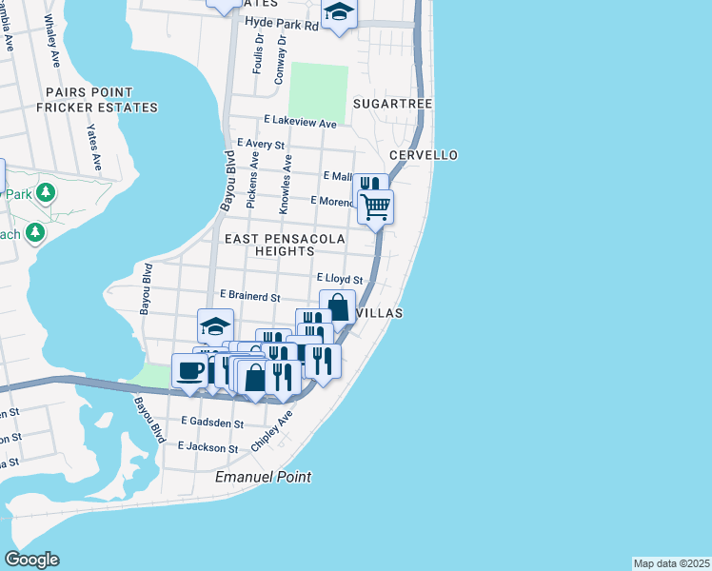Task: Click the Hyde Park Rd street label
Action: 281,24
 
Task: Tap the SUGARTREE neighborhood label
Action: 393,103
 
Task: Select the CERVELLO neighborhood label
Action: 424,155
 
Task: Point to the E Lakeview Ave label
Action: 300,123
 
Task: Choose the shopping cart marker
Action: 376,206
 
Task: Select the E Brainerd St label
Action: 249,297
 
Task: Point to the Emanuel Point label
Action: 264,476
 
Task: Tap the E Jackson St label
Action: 208,447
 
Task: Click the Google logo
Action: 31,560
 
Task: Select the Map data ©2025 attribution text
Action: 671,562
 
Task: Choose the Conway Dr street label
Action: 281,61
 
